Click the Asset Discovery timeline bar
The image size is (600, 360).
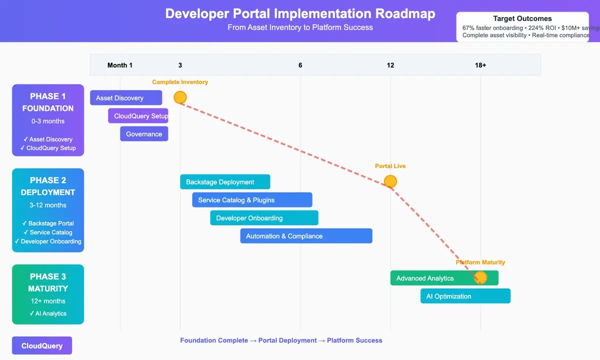(126, 98)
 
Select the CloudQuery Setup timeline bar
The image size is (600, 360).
(138, 116)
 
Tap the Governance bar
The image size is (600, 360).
(144, 134)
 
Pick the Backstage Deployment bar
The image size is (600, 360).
(225, 182)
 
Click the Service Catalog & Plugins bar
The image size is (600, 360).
(252, 200)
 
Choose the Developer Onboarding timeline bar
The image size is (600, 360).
(264, 218)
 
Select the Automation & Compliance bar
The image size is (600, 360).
(306, 236)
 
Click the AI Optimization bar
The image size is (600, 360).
(465, 296)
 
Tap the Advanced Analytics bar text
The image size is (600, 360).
(425, 278)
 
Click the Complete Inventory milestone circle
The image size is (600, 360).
(180, 97)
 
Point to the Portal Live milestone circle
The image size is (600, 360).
(390, 181)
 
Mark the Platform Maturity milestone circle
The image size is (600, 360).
(480, 277)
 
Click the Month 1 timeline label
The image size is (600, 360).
(120, 65)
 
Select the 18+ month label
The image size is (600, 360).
(480, 65)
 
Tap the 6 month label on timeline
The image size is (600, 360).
(300, 65)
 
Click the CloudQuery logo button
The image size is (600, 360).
(42, 345)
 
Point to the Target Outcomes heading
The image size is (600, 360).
(522, 18)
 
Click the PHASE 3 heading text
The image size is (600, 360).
(48, 276)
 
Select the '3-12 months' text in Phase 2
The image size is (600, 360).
(48, 205)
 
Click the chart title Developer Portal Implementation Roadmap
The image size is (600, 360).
(300, 13)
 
